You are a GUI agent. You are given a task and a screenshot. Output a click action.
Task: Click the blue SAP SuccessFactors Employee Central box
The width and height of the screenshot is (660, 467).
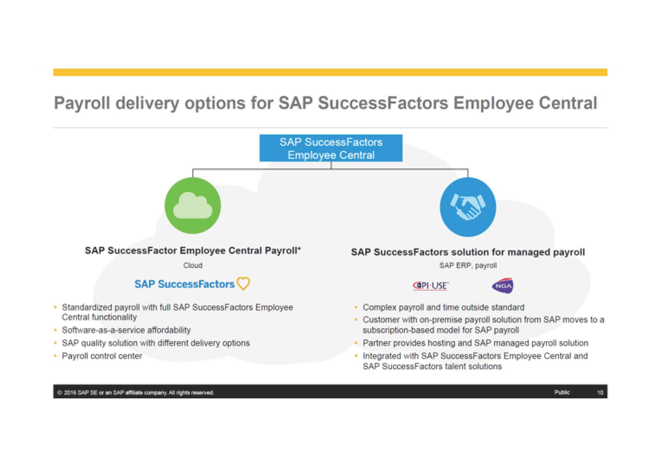point(331,148)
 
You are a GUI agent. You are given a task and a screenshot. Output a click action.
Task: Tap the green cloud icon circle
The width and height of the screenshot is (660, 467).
point(193,206)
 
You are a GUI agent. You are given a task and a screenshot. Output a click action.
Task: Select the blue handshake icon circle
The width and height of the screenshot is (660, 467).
point(468,207)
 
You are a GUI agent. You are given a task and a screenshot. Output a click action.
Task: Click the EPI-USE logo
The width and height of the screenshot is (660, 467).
point(430,285)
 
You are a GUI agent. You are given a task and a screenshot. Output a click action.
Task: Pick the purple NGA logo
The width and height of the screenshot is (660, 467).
point(503,285)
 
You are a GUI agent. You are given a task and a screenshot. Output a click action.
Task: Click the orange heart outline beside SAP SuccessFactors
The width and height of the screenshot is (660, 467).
point(244,283)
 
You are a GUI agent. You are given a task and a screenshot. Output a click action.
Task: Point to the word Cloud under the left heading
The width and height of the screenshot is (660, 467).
point(193,265)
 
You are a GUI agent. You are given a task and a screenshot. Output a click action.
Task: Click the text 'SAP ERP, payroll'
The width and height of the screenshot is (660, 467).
point(468,265)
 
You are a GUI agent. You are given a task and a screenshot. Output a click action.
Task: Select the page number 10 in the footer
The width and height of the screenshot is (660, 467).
point(600,392)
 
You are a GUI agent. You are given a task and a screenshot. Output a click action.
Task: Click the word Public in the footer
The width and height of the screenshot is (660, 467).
point(562,392)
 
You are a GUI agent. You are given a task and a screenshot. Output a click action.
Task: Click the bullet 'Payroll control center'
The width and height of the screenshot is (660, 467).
point(102,356)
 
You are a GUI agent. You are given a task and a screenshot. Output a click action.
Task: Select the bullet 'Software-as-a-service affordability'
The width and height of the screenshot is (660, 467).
point(126,330)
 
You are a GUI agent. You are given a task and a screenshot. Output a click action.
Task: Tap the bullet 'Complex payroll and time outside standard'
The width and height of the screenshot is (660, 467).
point(443,307)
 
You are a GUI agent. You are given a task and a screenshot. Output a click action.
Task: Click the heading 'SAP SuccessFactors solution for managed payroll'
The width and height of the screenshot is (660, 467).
point(468,252)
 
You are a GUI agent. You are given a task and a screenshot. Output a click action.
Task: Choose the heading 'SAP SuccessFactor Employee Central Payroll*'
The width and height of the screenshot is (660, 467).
point(193,250)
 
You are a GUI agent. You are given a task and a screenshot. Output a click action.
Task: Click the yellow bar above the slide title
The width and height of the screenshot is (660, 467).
point(330,72)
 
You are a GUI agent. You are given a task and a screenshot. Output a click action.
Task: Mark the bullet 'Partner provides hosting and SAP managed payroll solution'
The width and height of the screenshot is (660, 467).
point(475,343)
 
